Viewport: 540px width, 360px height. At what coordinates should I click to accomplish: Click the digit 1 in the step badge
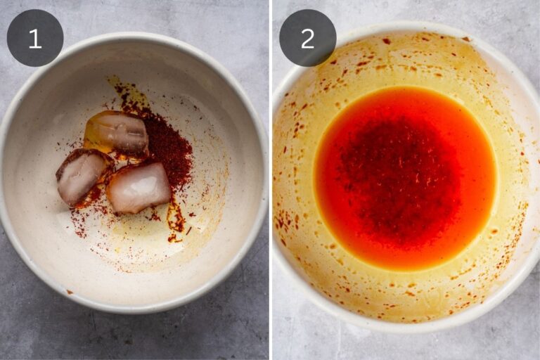(35, 39)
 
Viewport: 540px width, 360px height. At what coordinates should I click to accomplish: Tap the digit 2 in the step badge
(307, 39)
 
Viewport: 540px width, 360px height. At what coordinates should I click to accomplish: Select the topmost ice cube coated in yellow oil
(117, 134)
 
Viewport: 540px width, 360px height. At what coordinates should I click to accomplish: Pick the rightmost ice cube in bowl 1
(139, 188)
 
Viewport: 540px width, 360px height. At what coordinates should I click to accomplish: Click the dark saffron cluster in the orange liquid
(399, 176)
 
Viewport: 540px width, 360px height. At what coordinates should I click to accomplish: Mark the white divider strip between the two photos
(271, 180)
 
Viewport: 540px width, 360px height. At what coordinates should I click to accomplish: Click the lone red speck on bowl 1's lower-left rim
(70, 292)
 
